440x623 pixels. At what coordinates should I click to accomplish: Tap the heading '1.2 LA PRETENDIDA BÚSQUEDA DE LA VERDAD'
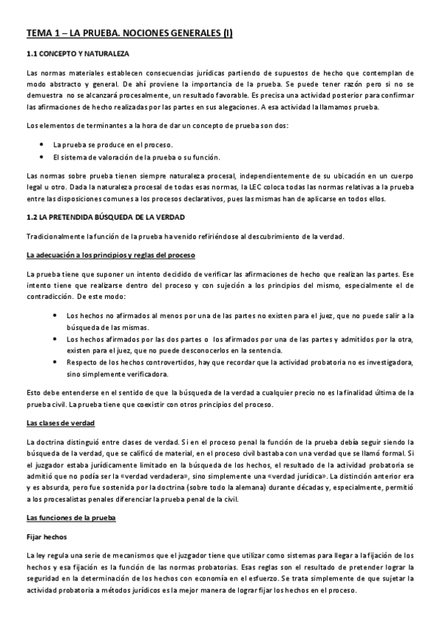pos(106,217)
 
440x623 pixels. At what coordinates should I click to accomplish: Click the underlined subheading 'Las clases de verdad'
pos(60,424)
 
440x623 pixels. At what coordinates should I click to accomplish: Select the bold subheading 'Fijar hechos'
pos(46,537)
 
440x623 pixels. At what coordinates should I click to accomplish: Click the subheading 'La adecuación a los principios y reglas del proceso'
pos(110,255)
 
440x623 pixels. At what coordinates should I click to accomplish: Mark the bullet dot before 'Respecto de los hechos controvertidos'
pos(57,362)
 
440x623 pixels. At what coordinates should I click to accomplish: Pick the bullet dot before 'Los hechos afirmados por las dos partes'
pos(57,339)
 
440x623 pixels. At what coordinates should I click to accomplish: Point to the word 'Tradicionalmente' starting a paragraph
pos(55,236)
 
